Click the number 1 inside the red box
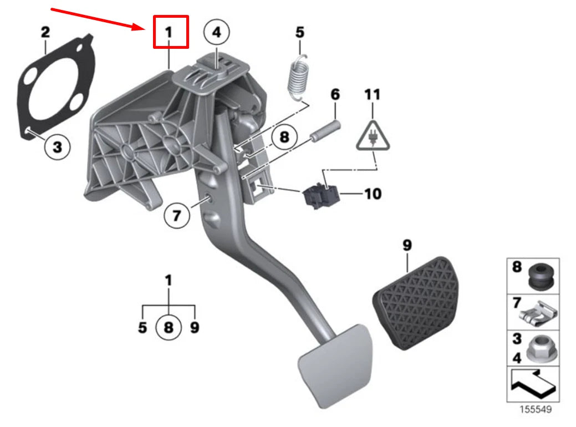pyautogui.click(x=169, y=33)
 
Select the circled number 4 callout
pyautogui.click(x=216, y=33)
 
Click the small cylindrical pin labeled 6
pyautogui.click(x=325, y=127)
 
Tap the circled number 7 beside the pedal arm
pyautogui.click(x=177, y=215)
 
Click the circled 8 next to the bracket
pyautogui.click(x=284, y=137)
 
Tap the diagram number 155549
pyautogui.click(x=536, y=410)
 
